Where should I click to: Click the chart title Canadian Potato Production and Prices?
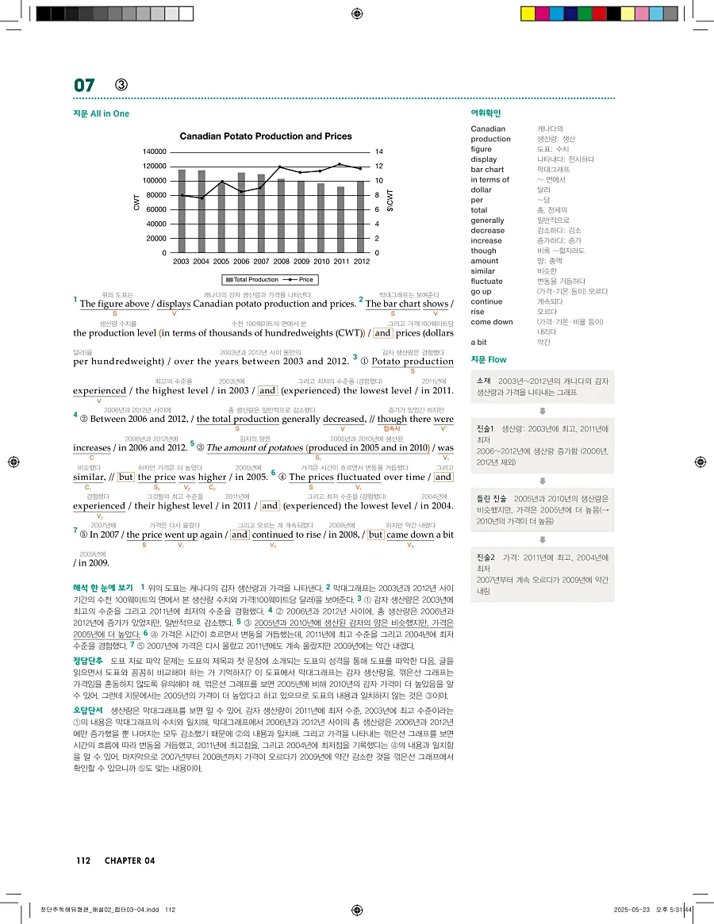265,136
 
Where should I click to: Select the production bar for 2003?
182,211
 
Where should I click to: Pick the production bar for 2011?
341,220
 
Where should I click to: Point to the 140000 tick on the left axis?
154,151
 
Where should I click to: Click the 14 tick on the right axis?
379,151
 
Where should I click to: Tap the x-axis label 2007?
262,261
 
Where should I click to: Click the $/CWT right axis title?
390,201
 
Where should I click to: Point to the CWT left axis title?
136,201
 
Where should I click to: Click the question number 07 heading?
84,86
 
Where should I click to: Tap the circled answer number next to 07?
121,86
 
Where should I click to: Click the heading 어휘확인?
486,113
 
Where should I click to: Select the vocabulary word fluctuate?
486,281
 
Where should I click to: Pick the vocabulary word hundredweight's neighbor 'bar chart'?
487,169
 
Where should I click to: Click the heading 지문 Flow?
489,360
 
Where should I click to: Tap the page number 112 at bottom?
84,861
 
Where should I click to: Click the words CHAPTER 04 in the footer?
129,861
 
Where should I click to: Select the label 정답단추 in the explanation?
87,660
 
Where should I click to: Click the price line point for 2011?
340,164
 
